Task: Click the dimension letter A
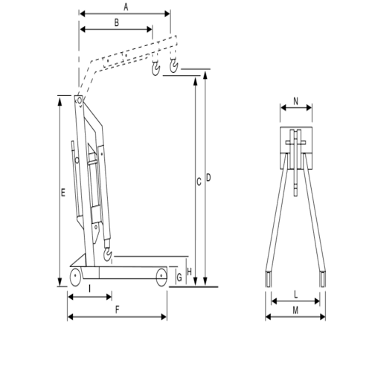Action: (126, 7)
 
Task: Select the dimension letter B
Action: (117, 22)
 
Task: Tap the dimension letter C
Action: (199, 182)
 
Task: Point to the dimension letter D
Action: (208, 178)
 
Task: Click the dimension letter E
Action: (63, 193)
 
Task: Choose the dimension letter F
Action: (118, 310)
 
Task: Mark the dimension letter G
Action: (179, 278)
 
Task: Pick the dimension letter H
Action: (190, 272)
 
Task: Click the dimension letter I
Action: (90, 289)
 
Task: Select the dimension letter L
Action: (296, 295)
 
